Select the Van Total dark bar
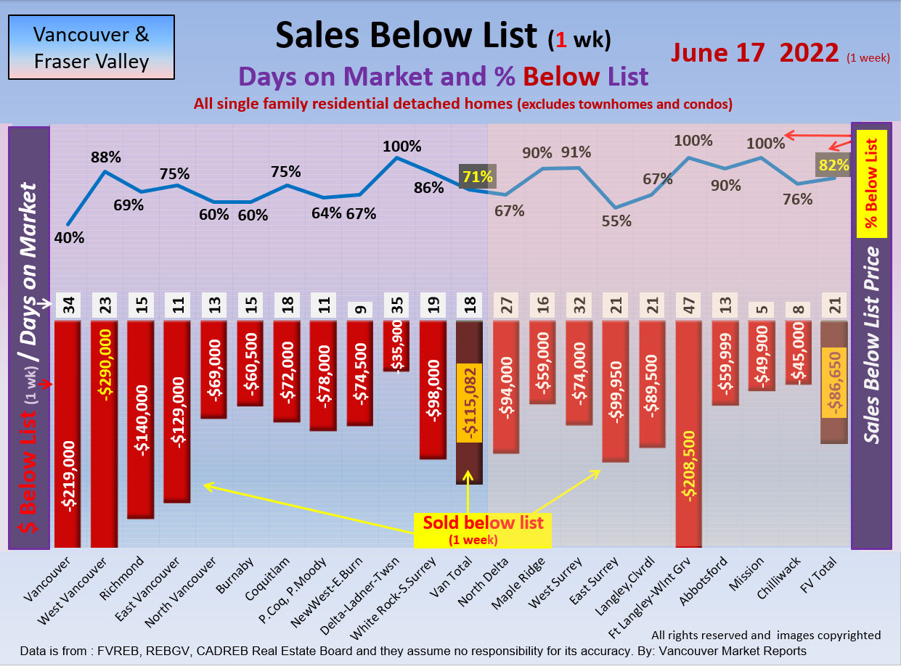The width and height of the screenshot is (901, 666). (x=468, y=403)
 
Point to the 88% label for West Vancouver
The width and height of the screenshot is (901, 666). (x=105, y=157)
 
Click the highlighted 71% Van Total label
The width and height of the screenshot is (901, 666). (x=477, y=176)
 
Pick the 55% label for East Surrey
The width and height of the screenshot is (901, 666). (x=616, y=221)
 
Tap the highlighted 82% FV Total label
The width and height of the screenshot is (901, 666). (x=833, y=165)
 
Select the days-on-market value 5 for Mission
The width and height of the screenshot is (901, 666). (x=762, y=308)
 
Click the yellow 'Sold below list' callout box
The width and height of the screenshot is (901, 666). (x=483, y=530)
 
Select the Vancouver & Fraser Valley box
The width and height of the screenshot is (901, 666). (x=91, y=47)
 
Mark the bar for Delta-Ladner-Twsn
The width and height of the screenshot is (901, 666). (x=397, y=346)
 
